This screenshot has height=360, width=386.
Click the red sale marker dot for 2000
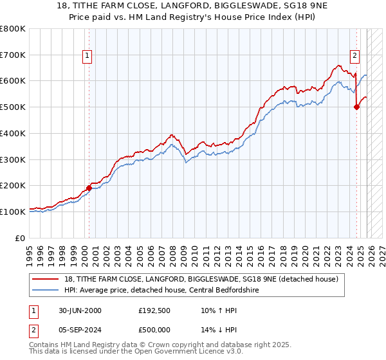tap(89, 188)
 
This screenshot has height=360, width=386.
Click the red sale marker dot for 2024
tap(356, 107)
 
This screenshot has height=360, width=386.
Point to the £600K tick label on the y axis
tap(13, 81)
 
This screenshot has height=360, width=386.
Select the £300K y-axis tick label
tap(13, 159)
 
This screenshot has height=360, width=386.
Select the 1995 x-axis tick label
tap(30, 251)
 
